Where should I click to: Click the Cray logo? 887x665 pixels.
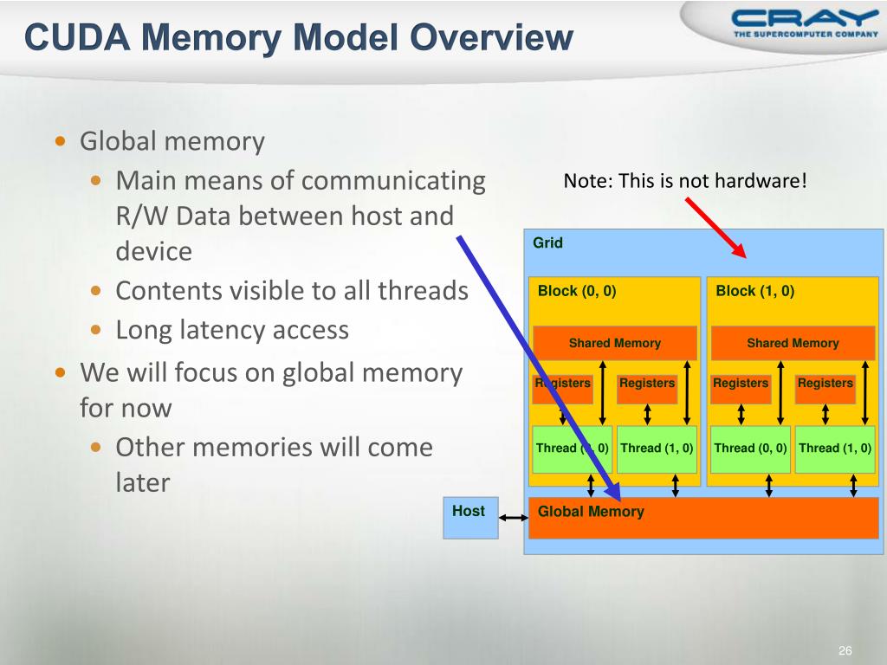804,23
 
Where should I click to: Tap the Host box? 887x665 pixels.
470,518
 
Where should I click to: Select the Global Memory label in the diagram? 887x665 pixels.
591,512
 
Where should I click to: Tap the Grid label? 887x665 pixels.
547,243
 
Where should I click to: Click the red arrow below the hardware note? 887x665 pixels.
715,227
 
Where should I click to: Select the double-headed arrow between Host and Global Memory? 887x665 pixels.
514,518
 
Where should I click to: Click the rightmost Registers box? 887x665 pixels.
825,384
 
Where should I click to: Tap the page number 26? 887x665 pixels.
845,651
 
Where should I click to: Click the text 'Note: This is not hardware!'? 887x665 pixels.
684,181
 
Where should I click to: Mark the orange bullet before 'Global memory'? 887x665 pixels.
60,141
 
